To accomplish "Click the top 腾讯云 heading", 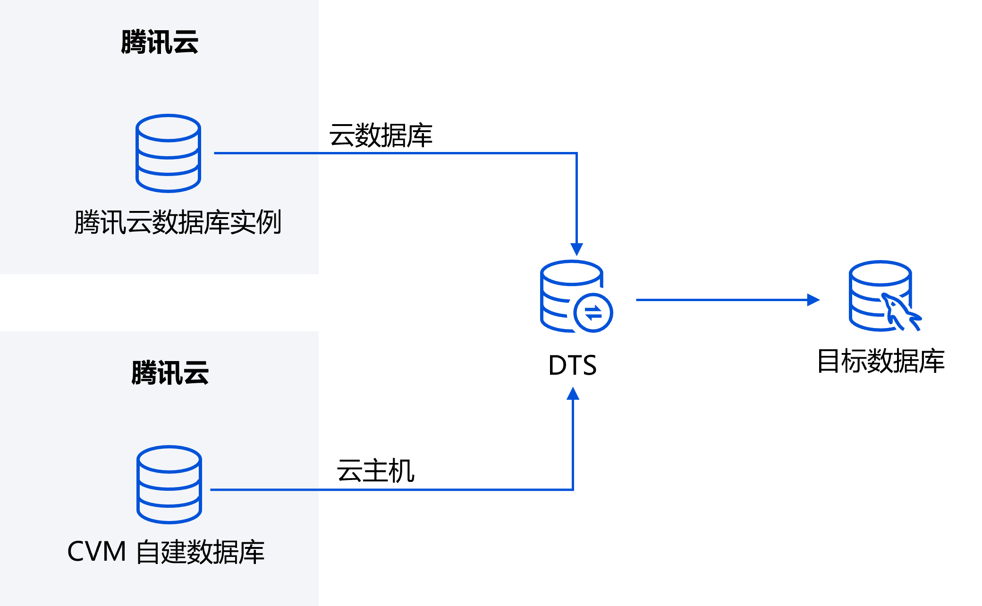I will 160,42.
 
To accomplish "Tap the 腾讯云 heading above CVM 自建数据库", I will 170,373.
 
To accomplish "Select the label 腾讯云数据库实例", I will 178,222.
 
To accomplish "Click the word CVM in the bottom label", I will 97,551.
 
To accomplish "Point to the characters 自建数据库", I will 200,552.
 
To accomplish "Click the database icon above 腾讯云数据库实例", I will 168,153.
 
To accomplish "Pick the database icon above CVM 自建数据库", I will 169,485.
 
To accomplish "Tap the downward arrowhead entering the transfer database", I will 576,249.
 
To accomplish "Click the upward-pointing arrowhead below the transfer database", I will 573,393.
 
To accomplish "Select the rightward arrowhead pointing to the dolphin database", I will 813,300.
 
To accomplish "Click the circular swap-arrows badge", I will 593,312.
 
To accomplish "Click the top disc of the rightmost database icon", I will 880,273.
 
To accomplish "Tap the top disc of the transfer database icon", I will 571,273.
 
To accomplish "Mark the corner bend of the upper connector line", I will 576,153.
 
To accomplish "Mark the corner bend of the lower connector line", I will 573,490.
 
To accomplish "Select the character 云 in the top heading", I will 186,42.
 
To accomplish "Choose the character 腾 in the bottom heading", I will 144,373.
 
